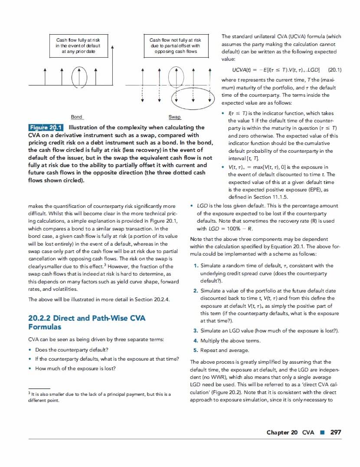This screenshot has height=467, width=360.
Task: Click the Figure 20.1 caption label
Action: click(46, 128)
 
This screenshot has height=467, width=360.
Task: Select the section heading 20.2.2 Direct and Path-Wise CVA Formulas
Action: click(87, 322)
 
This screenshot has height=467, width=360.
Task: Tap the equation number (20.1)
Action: click(335, 69)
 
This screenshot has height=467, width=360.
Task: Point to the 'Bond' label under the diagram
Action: click(77, 117)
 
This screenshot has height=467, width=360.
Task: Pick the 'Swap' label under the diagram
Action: click(174, 117)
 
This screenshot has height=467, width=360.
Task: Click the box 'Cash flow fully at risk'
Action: click(78, 46)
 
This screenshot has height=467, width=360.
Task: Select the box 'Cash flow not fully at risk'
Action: click(175, 46)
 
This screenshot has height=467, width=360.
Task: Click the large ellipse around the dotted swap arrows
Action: click(193, 98)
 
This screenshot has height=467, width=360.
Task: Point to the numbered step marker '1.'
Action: click(196, 266)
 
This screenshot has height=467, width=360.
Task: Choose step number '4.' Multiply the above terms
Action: click(196, 341)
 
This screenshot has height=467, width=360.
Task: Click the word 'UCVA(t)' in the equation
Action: click(242, 69)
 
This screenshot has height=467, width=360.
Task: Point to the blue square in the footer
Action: click(322, 432)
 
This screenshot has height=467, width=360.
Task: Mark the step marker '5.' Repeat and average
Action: click(196, 350)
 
